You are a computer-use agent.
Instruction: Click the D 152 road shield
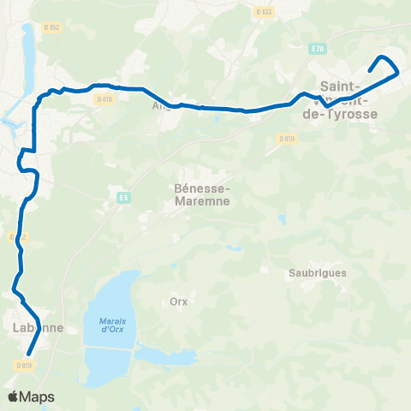[x=52, y=27]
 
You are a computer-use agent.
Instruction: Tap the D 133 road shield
[x=264, y=12]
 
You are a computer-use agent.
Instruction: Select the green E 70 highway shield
[x=319, y=48]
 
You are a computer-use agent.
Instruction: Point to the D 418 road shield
[x=104, y=98]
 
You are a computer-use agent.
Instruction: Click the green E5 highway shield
[x=123, y=199]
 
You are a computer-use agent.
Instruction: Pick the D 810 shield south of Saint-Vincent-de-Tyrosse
[x=285, y=138]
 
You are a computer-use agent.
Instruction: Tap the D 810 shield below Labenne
[x=23, y=366]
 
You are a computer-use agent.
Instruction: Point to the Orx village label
[x=178, y=301]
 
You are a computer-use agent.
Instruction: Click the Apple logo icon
[x=14, y=396]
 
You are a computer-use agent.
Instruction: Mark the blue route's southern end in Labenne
[x=28, y=353]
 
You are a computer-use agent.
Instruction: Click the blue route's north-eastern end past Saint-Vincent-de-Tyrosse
[x=370, y=70]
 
